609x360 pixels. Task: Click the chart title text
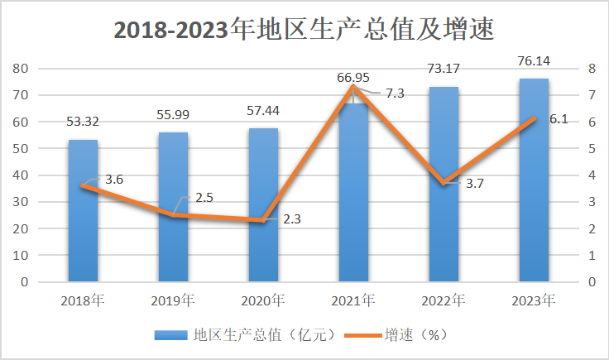[304, 31]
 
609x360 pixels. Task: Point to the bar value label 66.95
[353, 78]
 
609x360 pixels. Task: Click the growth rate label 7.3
[395, 93]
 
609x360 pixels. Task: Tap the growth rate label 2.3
[292, 219]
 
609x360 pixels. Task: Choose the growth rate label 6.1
[559, 119]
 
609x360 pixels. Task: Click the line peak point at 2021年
[353, 87]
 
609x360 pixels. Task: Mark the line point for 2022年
[444, 183]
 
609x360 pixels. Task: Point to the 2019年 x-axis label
[173, 299]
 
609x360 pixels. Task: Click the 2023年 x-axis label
[534, 299]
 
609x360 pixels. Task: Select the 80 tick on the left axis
[22, 68]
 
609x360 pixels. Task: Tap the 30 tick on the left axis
[22, 202]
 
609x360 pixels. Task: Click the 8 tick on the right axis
[591, 68]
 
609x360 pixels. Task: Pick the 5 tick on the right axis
[591, 148]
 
